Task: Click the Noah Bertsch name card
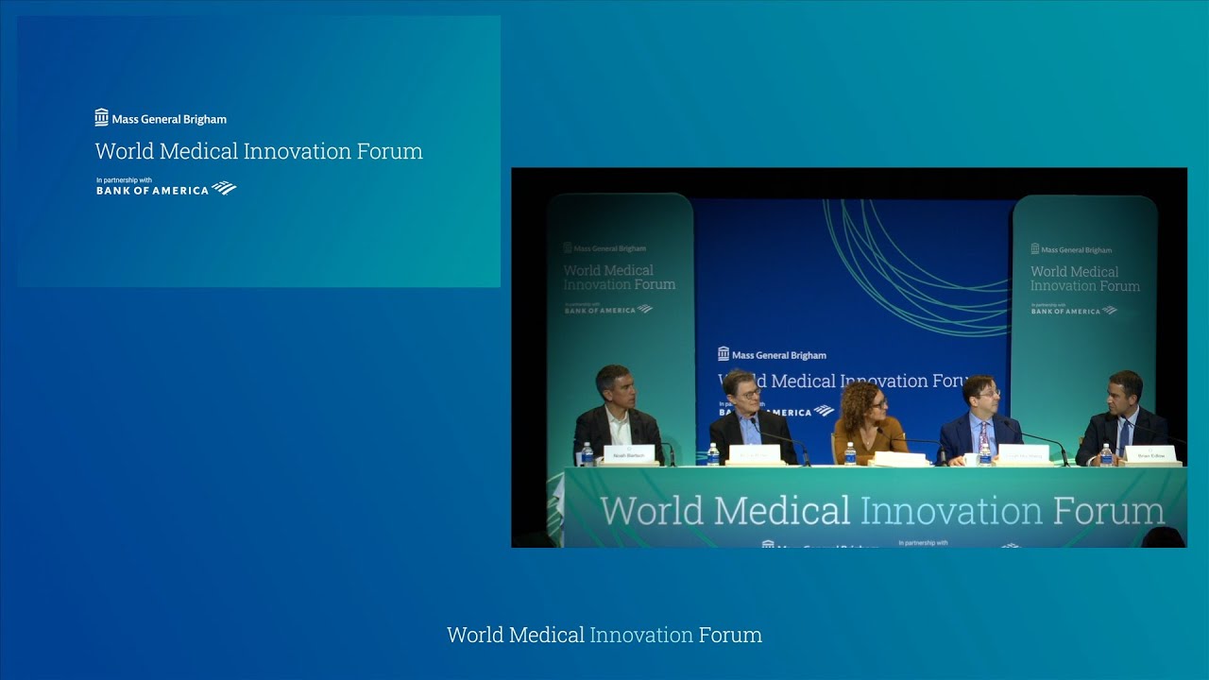point(628,453)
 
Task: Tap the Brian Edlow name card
point(1150,454)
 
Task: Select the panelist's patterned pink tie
point(984,435)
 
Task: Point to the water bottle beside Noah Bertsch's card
point(587,455)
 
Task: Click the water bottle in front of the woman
point(850,454)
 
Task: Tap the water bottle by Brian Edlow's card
point(1106,455)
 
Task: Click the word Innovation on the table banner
point(952,511)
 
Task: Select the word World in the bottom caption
point(476,635)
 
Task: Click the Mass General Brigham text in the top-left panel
point(169,119)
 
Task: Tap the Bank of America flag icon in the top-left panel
point(224,188)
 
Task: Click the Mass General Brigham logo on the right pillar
point(1071,249)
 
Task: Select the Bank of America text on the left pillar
point(600,310)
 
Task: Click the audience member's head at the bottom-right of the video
point(1163,537)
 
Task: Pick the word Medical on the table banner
point(782,511)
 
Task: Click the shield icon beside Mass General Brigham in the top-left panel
point(102,118)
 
